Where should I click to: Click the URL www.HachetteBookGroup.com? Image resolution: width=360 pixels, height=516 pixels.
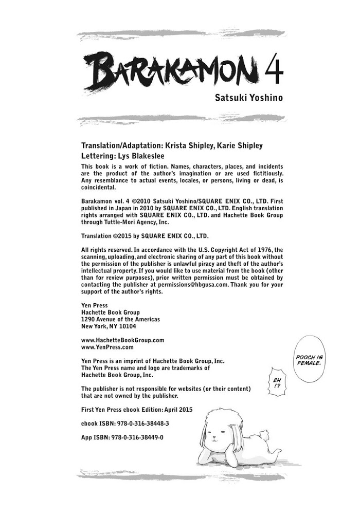pos(123,340)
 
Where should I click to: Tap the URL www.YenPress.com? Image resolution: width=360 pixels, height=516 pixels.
pos(107,347)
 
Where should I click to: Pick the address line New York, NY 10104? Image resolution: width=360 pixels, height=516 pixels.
pos(109,326)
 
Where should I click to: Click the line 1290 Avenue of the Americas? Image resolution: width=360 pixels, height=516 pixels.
pos(120,319)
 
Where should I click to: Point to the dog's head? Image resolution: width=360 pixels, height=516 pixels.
pos(219,429)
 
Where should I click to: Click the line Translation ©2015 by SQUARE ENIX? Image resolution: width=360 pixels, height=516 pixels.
pos(145,236)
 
